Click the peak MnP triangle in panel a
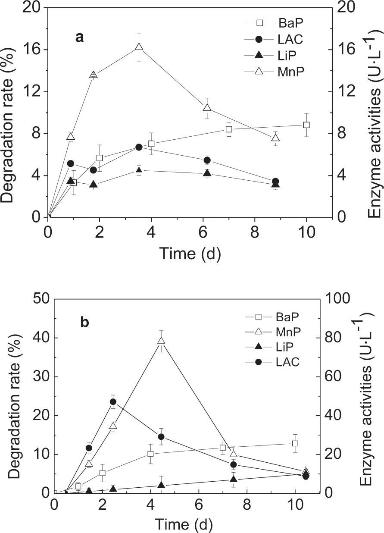139,47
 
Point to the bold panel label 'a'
79,38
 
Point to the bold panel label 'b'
85,322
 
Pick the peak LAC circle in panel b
113,402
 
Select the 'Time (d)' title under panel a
190,254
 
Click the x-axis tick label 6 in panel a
203,231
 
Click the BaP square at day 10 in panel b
295,443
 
